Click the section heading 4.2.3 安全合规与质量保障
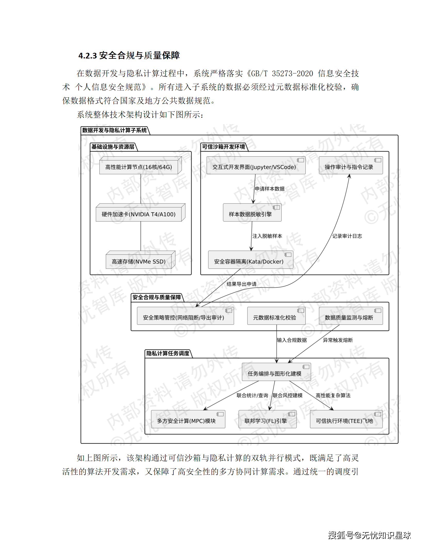[x=129, y=55]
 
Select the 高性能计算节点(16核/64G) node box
[x=139, y=167]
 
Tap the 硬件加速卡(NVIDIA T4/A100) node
[x=139, y=214]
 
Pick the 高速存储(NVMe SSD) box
[x=139, y=261]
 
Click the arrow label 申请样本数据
[x=270, y=189]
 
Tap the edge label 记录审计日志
[x=347, y=236]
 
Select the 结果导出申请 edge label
[x=241, y=284]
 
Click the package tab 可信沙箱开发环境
[x=223, y=147]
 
